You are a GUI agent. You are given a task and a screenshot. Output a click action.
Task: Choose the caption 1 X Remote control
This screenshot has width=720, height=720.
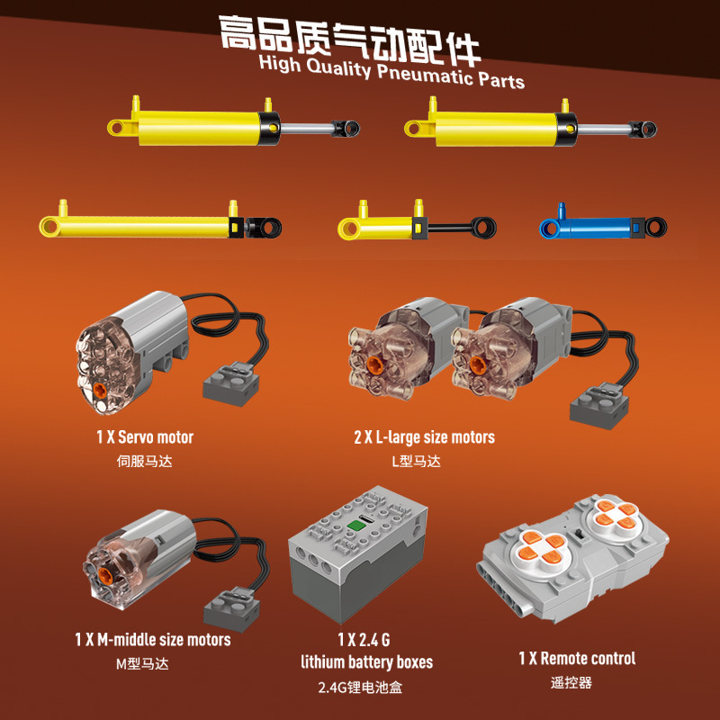[x=577, y=659]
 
